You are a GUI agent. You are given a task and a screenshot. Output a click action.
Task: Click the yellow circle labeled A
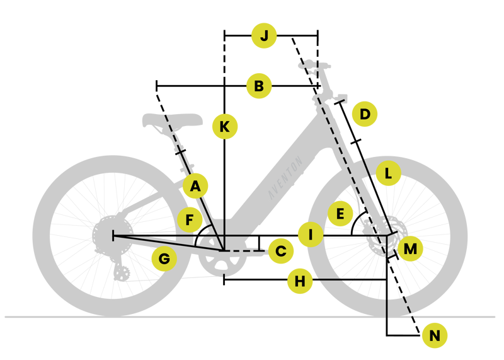pyautogui.click(x=195, y=186)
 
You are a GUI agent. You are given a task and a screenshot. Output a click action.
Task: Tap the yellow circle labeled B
pyautogui.click(x=259, y=85)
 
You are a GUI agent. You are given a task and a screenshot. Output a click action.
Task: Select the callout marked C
pyautogui.click(x=281, y=251)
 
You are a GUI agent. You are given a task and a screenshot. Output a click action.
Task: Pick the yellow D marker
pyautogui.click(x=365, y=115)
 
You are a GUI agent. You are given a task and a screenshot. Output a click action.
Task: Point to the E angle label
pyautogui.click(x=340, y=214)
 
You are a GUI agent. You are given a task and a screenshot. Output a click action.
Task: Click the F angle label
pyautogui.click(x=188, y=220)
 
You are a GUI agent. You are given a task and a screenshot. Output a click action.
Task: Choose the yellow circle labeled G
pyautogui.click(x=164, y=258)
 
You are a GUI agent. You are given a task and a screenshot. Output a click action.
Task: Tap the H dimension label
pyautogui.click(x=300, y=281)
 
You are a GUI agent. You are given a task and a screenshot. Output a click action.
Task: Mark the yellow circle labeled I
pyautogui.click(x=311, y=235)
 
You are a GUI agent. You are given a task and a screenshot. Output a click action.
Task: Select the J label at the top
pyautogui.click(x=264, y=35)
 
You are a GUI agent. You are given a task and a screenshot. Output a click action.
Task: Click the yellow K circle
pyautogui.click(x=224, y=127)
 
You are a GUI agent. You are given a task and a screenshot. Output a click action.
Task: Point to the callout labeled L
pyautogui.click(x=388, y=173)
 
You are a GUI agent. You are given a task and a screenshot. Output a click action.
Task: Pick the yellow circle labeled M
pyautogui.click(x=410, y=248)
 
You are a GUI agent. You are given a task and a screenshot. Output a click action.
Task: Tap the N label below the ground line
pyautogui.click(x=434, y=335)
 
